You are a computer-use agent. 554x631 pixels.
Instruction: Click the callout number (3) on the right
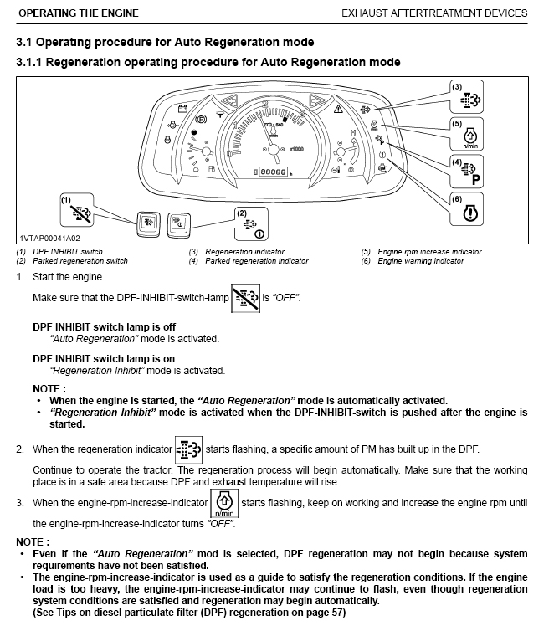[x=456, y=86]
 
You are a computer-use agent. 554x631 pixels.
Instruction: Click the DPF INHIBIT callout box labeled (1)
[x=83, y=213]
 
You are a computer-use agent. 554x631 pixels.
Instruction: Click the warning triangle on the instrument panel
[x=339, y=109]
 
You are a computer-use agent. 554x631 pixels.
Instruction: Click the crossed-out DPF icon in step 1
[x=244, y=299]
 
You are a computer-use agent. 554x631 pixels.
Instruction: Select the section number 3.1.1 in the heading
[x=33, y=62]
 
